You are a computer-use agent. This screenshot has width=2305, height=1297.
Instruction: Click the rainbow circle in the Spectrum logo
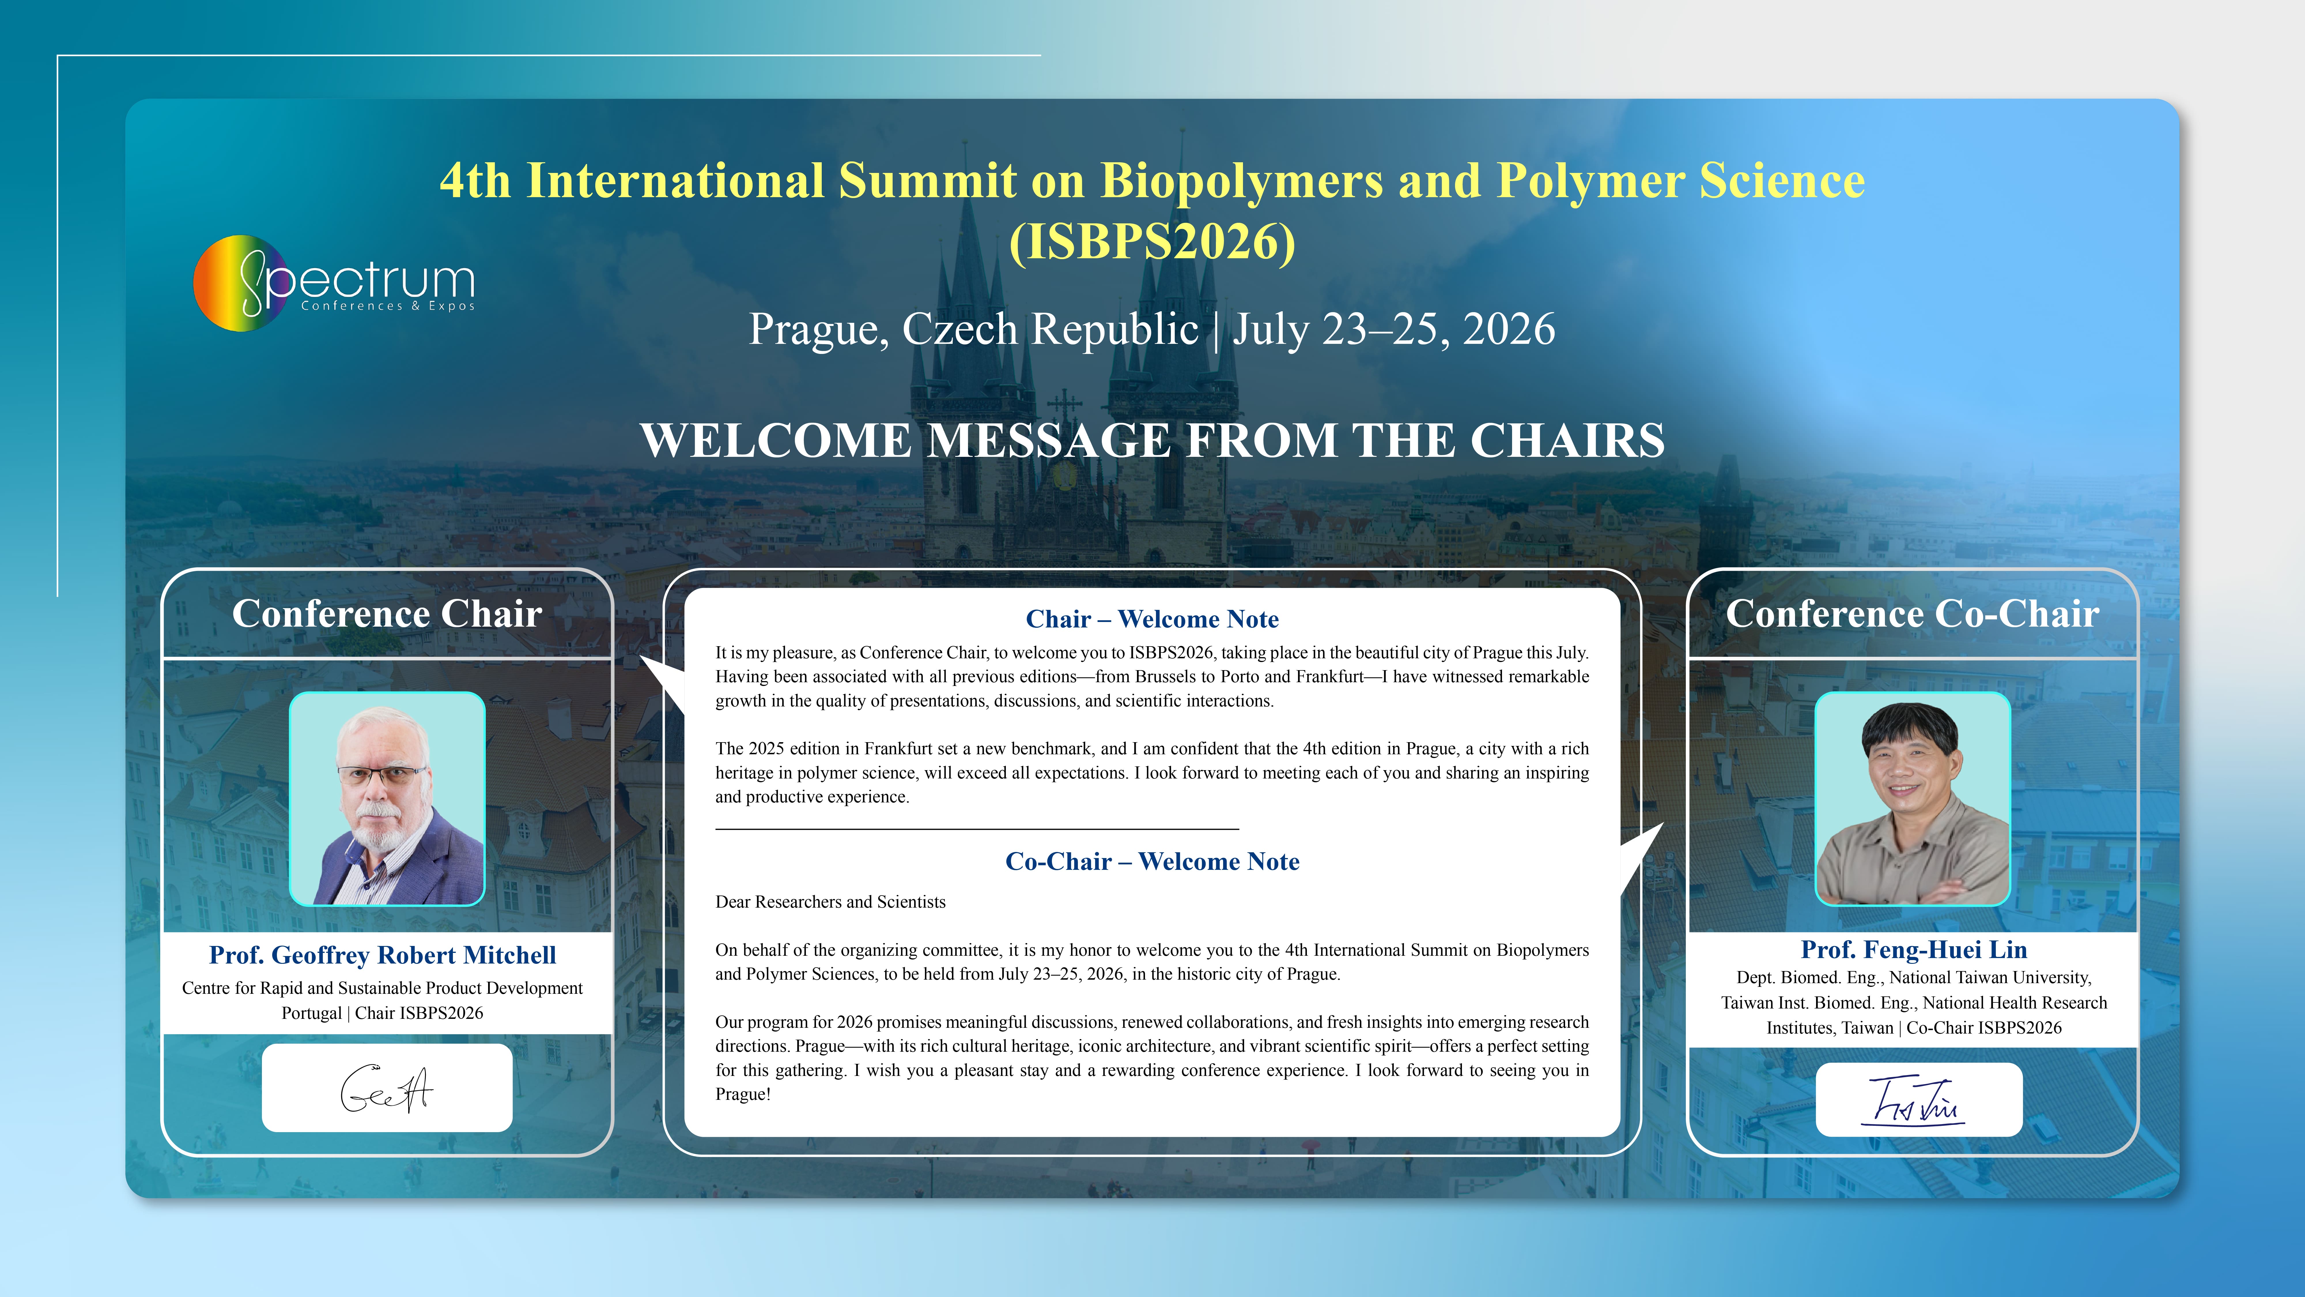click(240, 283)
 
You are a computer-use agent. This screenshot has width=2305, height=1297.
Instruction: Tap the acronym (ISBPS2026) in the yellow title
click(1152, 242)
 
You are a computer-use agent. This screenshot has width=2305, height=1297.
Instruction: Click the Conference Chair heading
click(388, 614)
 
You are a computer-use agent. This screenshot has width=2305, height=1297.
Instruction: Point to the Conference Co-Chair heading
click(1912, 614)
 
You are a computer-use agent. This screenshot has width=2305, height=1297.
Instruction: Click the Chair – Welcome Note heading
click(1152, 619)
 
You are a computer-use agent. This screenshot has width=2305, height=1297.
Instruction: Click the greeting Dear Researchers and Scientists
click(830, 902)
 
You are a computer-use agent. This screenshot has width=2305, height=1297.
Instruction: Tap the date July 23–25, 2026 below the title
click(1394, 329)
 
